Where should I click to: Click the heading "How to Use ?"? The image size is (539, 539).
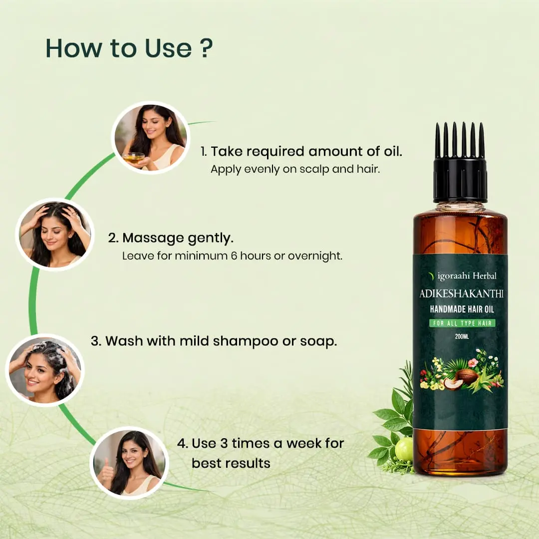pyautogui.click(x=129, y=48)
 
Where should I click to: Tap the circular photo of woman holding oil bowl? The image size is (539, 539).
pyautogui.click(x=150, y=137)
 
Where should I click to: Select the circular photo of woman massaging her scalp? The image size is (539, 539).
pyautogui.click(x=55, y=234)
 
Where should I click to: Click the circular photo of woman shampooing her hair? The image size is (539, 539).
pyautogui.click(x=45, y=370)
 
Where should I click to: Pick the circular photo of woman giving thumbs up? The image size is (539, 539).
pyautogui.click(x=129, y=463)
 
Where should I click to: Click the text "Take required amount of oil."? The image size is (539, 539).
pyautogui.click(x=301, y=152)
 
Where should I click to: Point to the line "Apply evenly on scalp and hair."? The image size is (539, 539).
pyautogui.click(x=295, y=169)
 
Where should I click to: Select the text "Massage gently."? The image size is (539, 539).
pyautogui.click(x=171, y=238)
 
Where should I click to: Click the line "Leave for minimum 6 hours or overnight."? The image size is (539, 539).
pyautogui.click(x=232, y=256)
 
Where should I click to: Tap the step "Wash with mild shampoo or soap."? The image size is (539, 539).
pyautogui.click(x=214, y=341)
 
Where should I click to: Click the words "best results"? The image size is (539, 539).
pyautogui.click(x=231, y=463)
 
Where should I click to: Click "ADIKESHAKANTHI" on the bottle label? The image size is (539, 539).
pyautogui.click(x=460, y=294)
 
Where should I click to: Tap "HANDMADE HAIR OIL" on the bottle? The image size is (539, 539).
pyautogui.click(x=462, y=309)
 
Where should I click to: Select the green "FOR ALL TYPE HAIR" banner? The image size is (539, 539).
pyautogui.click(x=462, y=323)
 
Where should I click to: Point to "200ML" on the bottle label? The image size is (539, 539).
pyautogui.click(x=462, y=336)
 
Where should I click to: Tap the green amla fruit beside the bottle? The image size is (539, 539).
pyautogui.click(x=404, y=449)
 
